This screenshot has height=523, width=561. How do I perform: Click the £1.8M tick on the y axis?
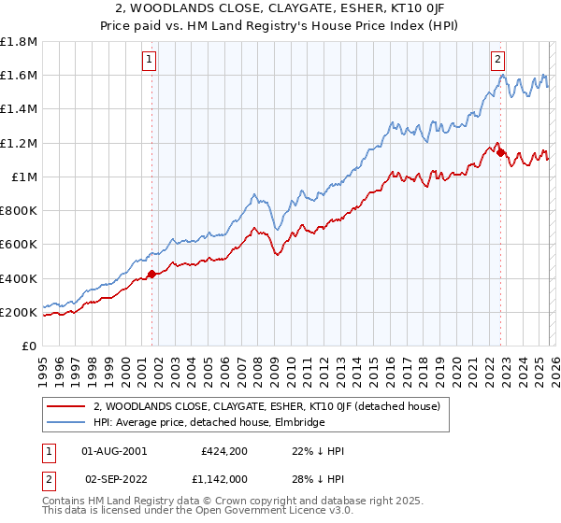point(19,41)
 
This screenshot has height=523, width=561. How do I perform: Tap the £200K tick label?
point(19,312)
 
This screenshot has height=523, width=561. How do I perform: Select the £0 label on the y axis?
point(30,346)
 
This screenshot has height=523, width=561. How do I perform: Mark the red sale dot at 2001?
point(151,274)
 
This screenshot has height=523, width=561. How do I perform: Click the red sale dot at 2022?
point(500,152)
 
